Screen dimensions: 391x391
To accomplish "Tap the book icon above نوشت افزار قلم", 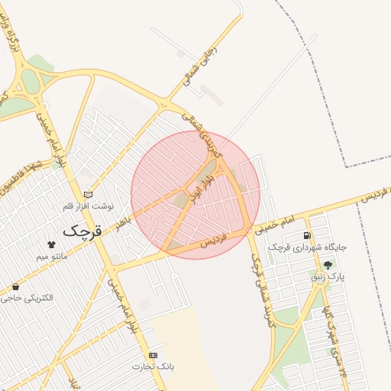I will [88, 194].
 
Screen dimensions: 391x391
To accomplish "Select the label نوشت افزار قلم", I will [89, 206].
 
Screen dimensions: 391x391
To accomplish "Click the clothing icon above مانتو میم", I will [52, 245].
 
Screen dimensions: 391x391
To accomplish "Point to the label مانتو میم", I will [52, 257].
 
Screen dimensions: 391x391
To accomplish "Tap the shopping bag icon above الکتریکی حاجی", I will [16, 286].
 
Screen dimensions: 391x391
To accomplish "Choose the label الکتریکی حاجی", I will [27, 297].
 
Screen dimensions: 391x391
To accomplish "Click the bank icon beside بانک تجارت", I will [153, 356].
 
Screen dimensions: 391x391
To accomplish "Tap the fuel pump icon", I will [307, 236].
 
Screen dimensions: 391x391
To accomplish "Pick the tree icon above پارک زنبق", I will [328, 264].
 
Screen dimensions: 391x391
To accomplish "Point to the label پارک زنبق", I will [328, 276].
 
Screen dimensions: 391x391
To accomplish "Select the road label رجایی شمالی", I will [199, 65].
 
